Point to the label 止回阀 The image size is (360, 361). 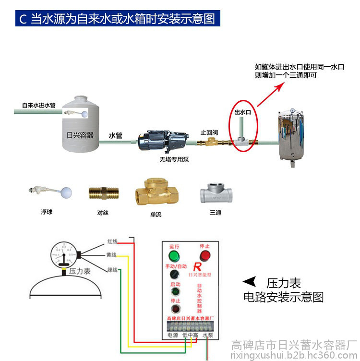209,132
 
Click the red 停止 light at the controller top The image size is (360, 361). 205,255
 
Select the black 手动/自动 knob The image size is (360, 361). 174,275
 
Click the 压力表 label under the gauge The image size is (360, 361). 80,271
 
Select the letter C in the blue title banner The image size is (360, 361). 22,20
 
